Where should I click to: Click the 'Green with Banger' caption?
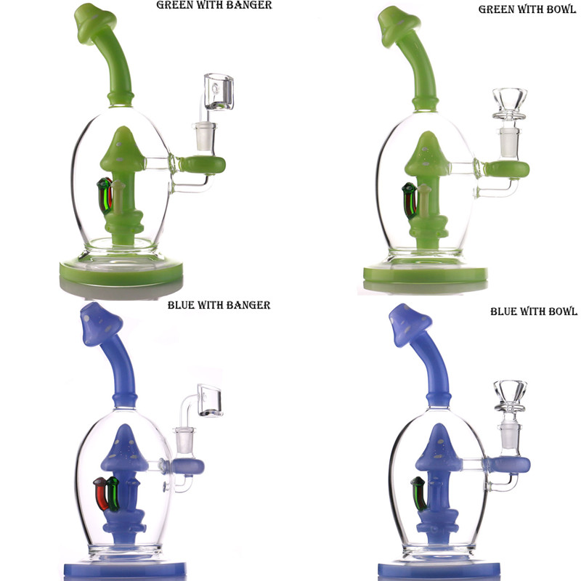[214, 5]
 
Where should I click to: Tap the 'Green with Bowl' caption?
[527, 9]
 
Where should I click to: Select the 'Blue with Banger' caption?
[219, 305]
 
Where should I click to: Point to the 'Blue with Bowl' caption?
[534, 312]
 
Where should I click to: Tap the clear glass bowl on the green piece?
[510, 103]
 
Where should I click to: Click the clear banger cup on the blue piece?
[210, 399]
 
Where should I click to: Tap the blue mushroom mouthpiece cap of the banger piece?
[100, 324]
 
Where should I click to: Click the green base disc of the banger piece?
[121, 272]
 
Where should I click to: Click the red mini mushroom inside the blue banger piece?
[101, 493]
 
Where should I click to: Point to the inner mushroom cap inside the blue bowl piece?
[439, 447]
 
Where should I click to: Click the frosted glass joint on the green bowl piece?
[509, 142]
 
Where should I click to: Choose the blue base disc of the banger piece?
[125, 570]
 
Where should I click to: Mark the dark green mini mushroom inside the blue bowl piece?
[420, 494]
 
